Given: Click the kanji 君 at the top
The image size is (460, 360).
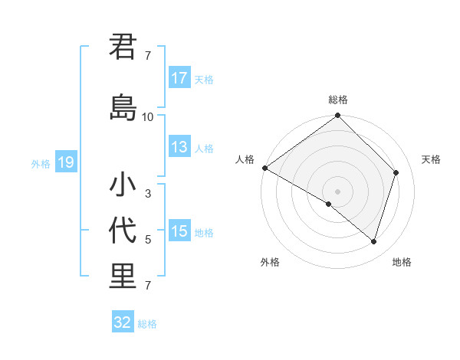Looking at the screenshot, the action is [123, 47].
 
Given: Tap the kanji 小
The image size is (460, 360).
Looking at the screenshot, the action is [123, 185].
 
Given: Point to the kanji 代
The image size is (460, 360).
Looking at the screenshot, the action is [123, 231].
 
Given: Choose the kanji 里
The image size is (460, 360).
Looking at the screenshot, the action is [123, 277].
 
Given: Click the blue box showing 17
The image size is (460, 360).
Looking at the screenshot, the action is [179, 78].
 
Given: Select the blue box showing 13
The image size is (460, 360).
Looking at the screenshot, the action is [179, 148].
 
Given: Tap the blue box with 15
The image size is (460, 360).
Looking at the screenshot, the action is [179, 231].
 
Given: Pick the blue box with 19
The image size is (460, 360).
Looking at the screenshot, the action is [65, 162].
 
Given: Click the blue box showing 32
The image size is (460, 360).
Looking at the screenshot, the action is [123, 322].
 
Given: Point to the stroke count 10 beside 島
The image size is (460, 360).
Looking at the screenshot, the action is [148, 117].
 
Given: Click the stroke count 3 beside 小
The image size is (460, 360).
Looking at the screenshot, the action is [148, 194].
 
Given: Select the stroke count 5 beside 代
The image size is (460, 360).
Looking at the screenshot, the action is [148, 240].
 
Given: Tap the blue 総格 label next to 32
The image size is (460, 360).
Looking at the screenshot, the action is [147, 324].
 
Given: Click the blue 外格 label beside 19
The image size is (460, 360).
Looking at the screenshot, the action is [41, 163].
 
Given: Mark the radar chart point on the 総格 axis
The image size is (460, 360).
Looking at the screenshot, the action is [338, 116].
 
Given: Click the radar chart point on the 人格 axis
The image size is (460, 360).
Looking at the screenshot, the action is [264, 168].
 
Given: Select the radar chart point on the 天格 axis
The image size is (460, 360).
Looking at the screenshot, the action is [396, 172].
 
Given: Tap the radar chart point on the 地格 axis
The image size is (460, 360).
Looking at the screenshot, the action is [374, 241].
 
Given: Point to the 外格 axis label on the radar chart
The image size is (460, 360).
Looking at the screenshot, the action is [270, 262].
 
